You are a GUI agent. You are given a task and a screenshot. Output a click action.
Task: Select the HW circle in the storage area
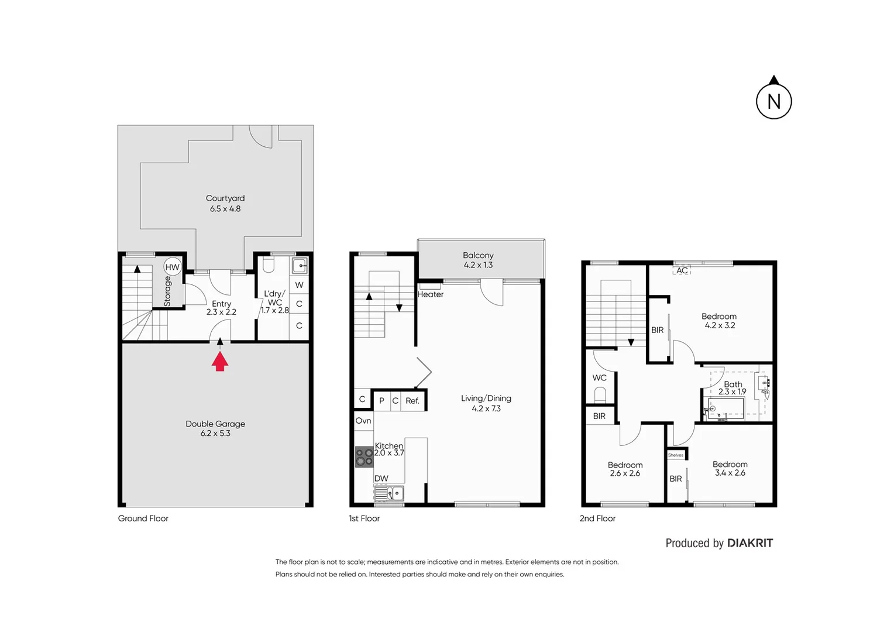172,267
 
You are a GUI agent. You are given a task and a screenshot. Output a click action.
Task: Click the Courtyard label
225,203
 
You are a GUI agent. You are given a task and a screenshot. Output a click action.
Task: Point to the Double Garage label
215,428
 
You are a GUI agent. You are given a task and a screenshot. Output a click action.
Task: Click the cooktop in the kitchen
365,456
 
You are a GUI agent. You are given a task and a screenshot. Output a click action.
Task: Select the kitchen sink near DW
390,494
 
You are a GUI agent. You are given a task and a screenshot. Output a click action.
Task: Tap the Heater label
431,294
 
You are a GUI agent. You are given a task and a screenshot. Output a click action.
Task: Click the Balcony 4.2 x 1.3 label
478,260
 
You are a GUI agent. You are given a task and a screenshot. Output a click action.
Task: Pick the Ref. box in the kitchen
412,401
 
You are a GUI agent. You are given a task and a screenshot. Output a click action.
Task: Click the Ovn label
363,421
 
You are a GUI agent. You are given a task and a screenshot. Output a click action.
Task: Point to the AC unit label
682,270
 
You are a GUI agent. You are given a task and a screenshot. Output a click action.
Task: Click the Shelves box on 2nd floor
676,455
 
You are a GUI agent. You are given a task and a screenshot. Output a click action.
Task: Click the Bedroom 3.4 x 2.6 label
730,468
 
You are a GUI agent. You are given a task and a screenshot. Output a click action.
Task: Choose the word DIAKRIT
750,543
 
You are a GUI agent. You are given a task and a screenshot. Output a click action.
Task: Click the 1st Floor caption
364,518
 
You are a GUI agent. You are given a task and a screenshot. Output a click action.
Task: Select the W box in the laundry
299,285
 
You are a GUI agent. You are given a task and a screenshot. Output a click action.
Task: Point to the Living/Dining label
486,403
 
